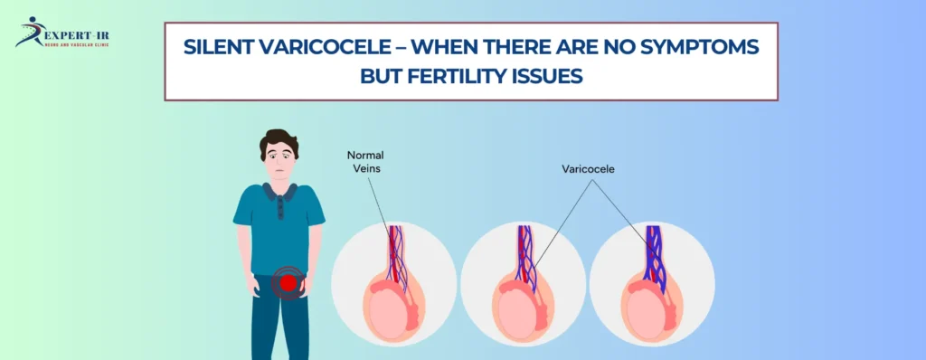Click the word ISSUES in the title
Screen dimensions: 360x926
tap(551, 76)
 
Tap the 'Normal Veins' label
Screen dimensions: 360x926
tap(365, 160)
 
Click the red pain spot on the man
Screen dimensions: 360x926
tap(288, 283)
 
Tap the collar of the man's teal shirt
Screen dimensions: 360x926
tap(279, 192)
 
